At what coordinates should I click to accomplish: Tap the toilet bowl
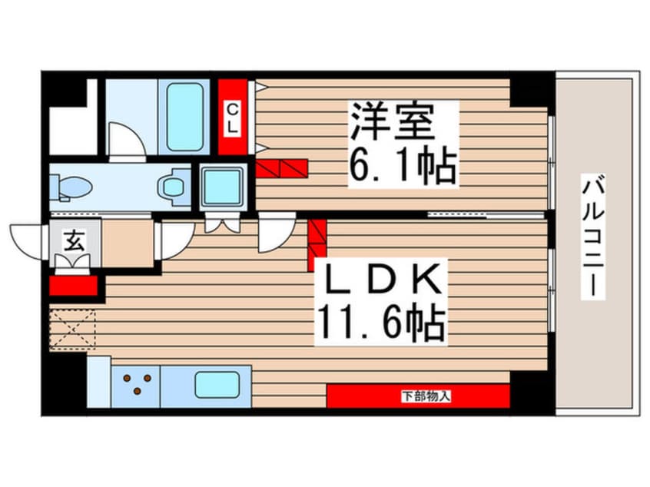click(x=73, y=185)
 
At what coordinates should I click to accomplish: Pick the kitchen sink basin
click(x=216, y=383)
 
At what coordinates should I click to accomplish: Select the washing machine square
click(x=223, y=186)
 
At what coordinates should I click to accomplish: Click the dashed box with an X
click(x=72, y=329)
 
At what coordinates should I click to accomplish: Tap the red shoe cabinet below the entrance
click(x=74, y=286)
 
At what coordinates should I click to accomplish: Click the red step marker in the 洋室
click(x=282, y=168)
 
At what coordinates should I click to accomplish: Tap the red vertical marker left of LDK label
click(x=317, y=239)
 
